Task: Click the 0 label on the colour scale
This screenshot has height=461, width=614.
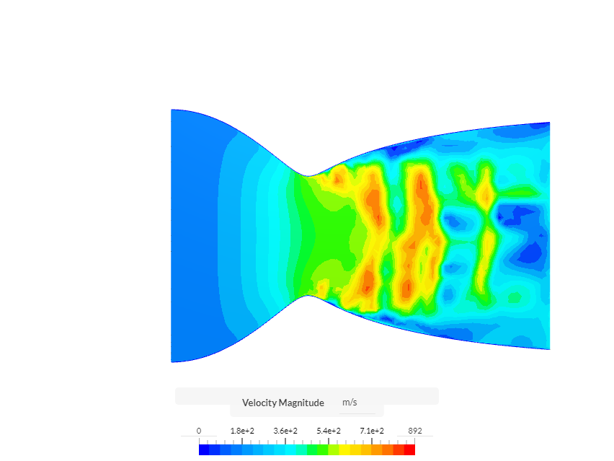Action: pos(199,431)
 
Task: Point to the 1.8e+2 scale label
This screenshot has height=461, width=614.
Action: pos(242,431)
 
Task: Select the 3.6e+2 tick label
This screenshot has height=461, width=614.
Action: pos(285,431)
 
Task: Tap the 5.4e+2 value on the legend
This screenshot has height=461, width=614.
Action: pos(329,431)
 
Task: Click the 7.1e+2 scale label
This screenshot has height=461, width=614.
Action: pos(372,431)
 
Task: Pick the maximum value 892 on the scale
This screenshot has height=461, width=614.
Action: pos(415,431)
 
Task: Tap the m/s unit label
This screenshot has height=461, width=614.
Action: pos(350,403)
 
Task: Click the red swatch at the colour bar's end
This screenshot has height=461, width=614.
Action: pos(409,449)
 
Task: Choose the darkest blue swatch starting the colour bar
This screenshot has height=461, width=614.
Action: pos(204,449)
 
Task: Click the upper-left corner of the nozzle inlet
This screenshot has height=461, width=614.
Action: pos(172,110)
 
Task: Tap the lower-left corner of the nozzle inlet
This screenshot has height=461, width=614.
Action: pos(172,361)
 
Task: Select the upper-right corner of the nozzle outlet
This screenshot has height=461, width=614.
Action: pos(549,123)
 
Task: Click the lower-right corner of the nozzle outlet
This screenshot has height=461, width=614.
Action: pos(549,349)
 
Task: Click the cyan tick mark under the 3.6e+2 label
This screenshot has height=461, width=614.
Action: pos(285,440)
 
